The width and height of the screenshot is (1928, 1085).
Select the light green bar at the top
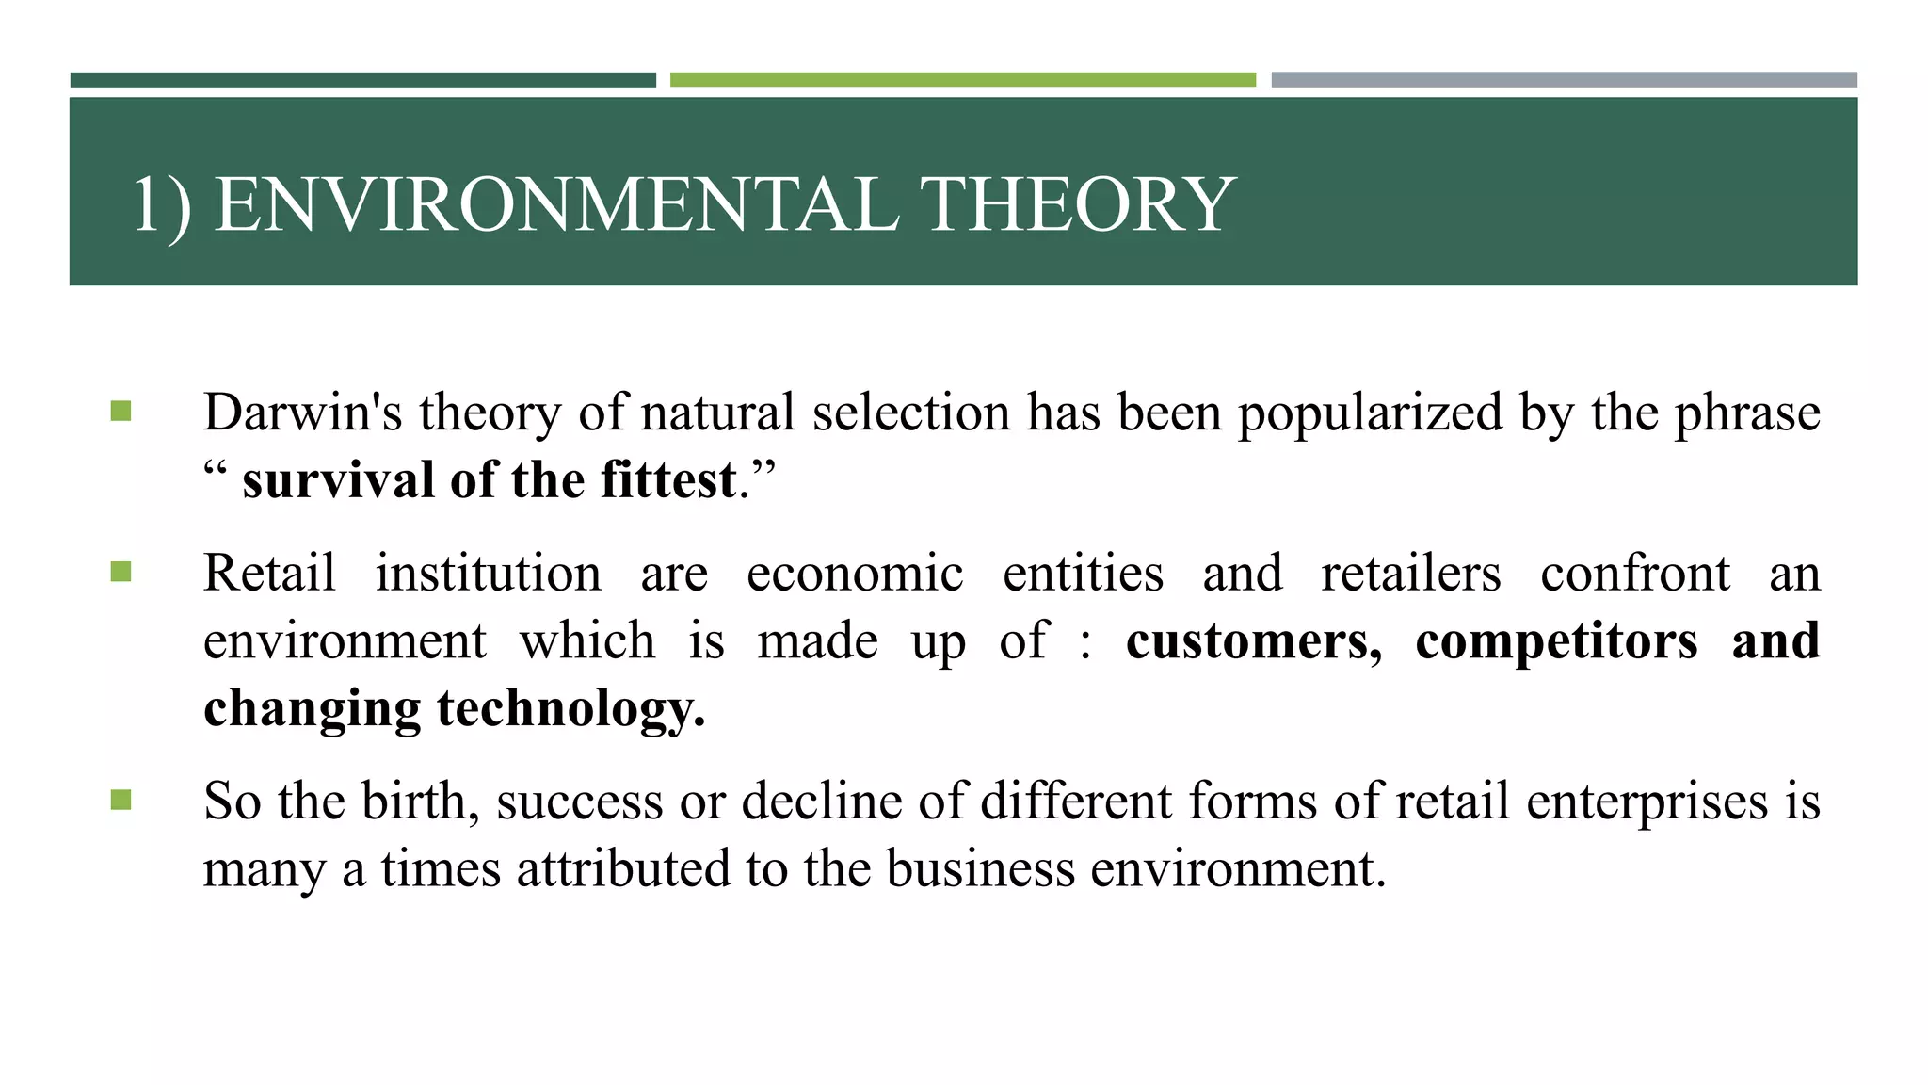click(x=962, y=80)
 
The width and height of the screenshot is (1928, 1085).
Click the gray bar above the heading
click(x=1564, y=80)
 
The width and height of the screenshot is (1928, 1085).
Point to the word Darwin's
click(x=303, y=413)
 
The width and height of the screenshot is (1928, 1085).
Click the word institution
click(x=488, y=573)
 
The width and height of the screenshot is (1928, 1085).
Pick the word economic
click(x=855, y=573)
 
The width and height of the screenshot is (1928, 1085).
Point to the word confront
click(x=1634, y=573)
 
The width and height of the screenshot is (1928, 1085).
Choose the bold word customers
click(x=1253, y=641)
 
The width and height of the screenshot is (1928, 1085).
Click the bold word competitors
click(x=1556, y=641)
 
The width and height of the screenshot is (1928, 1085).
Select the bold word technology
click(x=570, y=709)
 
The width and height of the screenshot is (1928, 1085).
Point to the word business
click(x=980, y=868)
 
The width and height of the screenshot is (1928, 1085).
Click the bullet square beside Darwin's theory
click(x=120, y=412)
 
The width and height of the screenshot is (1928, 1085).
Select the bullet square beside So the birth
click(x=120, y=801)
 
